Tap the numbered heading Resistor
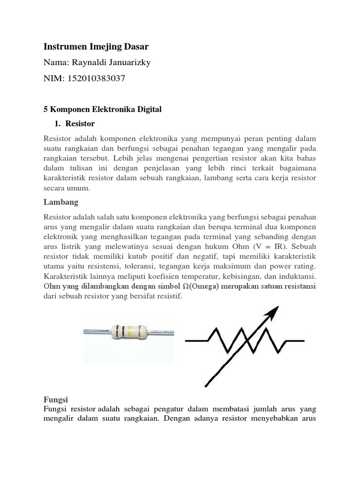coord(80,124)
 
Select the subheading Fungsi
coord(56,399)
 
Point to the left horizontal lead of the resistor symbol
coord(197,341)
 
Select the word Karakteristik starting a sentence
coord(64,276)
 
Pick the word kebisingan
coord(239,276)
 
